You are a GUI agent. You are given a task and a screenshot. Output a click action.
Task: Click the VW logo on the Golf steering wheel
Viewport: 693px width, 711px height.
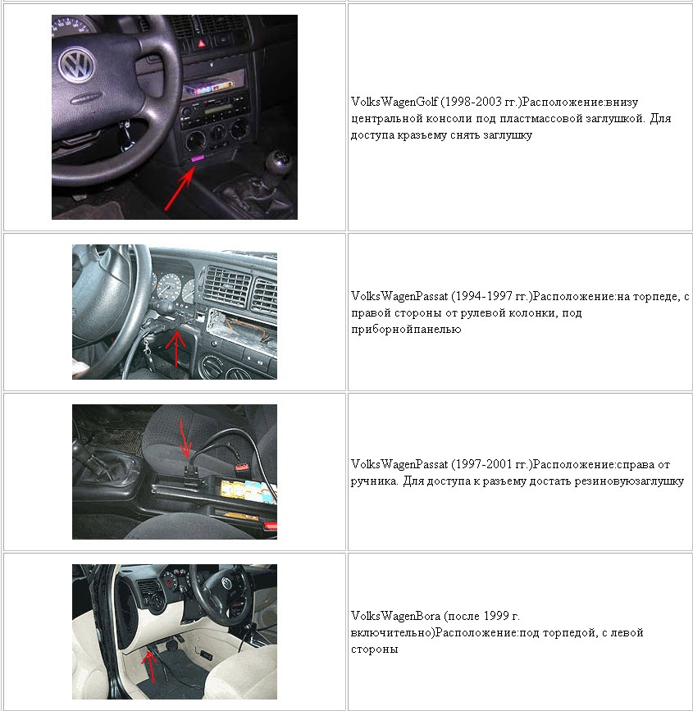pos(77,65)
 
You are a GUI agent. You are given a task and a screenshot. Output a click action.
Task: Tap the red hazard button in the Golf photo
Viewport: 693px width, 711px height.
pos(201,43)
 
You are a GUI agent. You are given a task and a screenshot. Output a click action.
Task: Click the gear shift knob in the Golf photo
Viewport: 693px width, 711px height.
pos(279,162)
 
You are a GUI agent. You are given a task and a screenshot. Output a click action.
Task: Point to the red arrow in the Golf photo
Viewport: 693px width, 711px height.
pos(180,188)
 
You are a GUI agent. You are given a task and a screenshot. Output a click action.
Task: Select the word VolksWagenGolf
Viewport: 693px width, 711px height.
pos(394,102)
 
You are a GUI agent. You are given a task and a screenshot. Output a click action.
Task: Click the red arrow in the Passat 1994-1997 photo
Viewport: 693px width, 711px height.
pos(176,349)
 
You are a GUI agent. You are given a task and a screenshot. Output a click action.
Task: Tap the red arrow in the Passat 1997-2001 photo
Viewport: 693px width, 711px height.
pos(185,439)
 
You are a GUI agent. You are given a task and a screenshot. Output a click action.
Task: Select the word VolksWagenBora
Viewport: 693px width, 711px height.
pos(395,616)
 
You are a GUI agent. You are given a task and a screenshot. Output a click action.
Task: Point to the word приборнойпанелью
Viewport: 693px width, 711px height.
pos(406,330)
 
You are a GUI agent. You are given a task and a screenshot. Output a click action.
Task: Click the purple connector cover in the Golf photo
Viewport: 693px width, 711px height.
pos(198,158)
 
